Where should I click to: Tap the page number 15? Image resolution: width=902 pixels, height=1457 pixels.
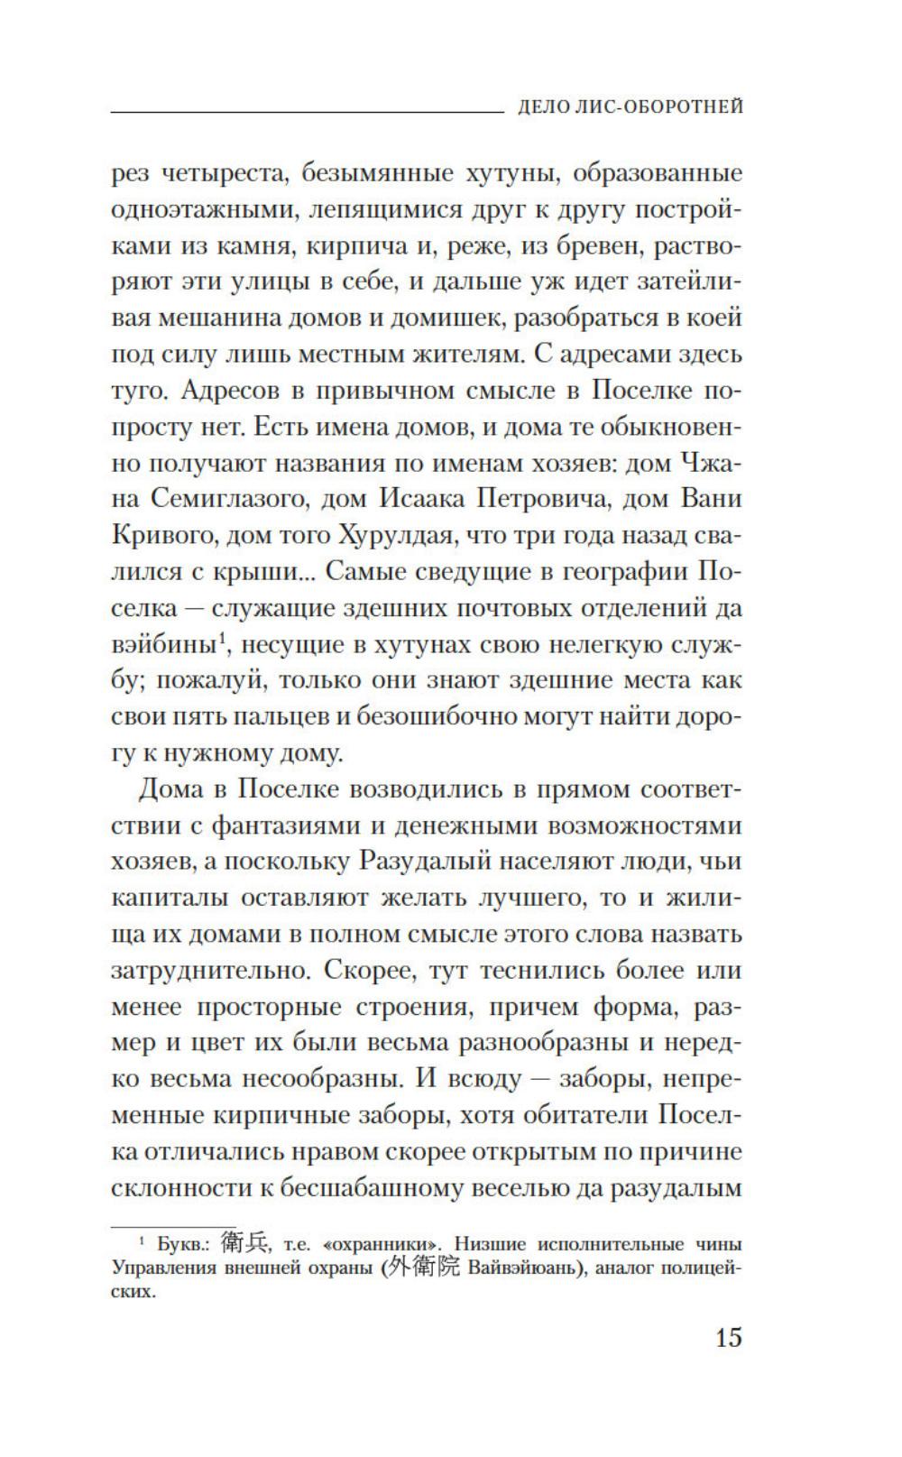click(x=728, y=1336)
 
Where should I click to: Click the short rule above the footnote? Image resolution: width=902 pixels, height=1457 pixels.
click(x=143, y=1226)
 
